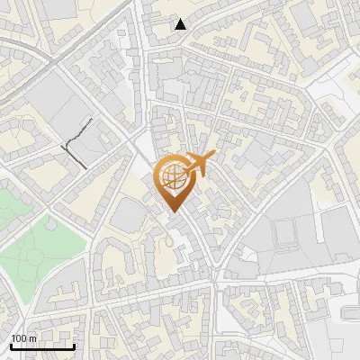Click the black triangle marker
pos(181,24)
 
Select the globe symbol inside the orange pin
pos(172,176)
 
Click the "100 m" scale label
pos(24,338)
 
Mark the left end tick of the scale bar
pos(11,346)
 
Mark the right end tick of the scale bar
pos(74,346)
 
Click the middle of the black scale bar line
pos(42,347)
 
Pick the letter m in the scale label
pos(33,338)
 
